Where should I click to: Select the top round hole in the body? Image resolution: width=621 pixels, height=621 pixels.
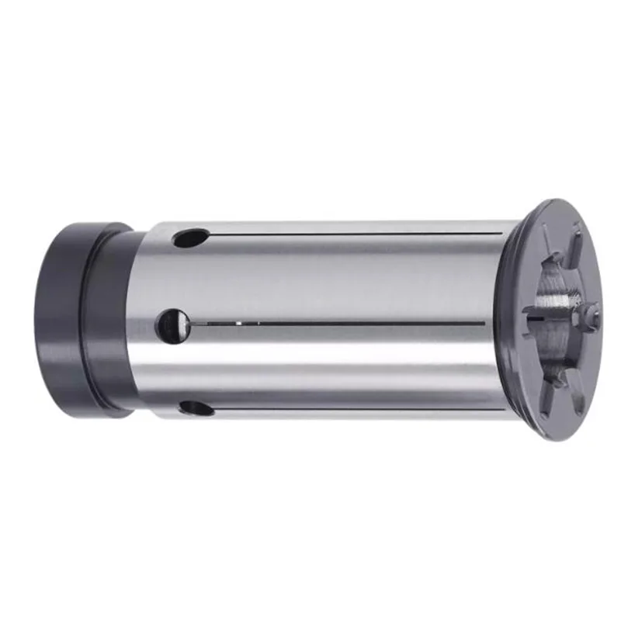(191, 238)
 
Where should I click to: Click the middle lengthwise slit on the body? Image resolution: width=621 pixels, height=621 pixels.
(349, 322)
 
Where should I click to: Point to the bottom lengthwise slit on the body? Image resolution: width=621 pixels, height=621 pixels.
(349, 410)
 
